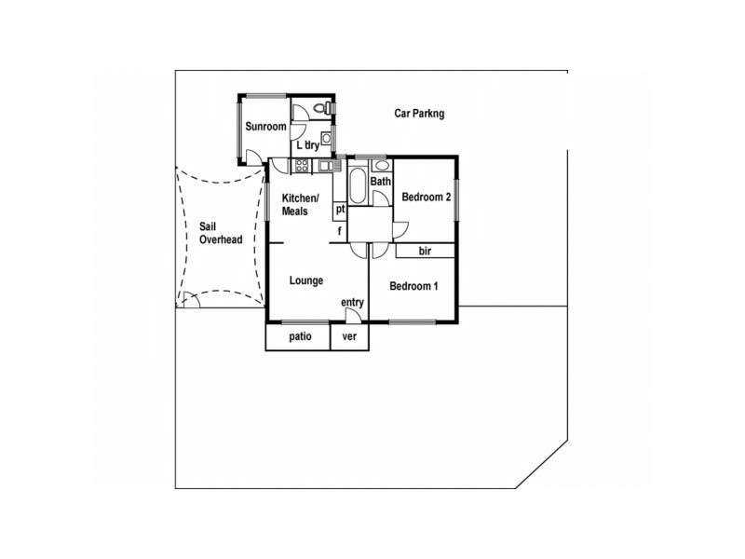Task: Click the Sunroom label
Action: click(x=264, y=126)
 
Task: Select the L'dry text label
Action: click(x=308, y=145)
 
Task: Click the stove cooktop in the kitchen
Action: click(x=302, y=166)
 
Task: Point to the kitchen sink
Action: click(x=325, y=166)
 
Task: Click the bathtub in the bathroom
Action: click(x=359, y=185)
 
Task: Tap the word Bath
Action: click(x=380, y=181)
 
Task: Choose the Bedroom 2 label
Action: click(x=426, y=198)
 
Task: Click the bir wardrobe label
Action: click(x=425, y=251)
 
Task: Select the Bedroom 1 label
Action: click(x=413, y=286)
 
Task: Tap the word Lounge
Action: click(x=305, y=279)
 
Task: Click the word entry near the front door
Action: click(x=352, y=302)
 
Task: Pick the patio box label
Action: click(x=299, y=336)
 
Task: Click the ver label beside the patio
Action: click(x=350, y=336)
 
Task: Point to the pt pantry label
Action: click(x=340, y=210)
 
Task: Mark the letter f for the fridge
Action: click(x=340, y=230)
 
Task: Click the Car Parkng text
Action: click(x=419, y=114)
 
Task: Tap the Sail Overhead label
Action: click(x=221, y=233)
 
